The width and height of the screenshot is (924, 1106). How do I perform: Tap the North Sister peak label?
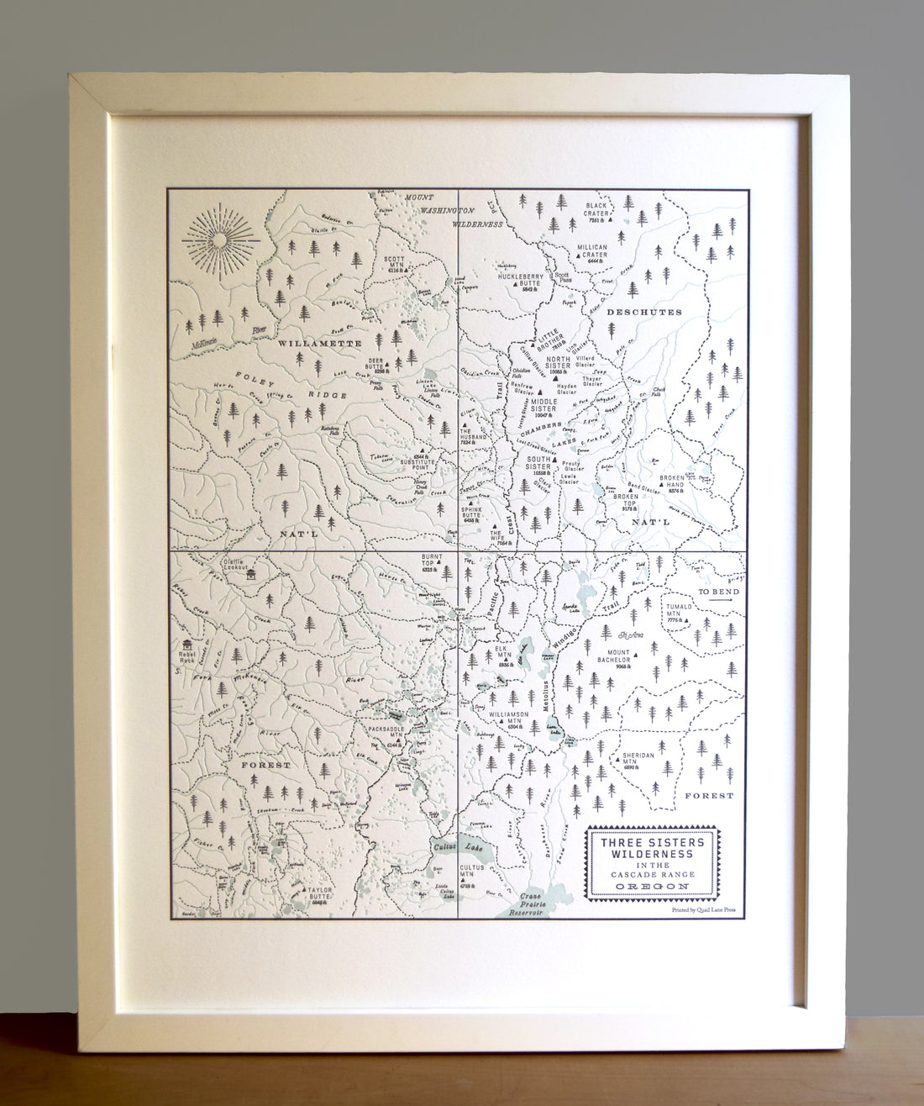coord(558,363)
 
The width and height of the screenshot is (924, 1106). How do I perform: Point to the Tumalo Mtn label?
coord(678,612)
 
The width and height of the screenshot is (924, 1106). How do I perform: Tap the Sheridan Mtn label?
coord(638,760)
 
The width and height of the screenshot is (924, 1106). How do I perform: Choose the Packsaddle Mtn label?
coord(386,734)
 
